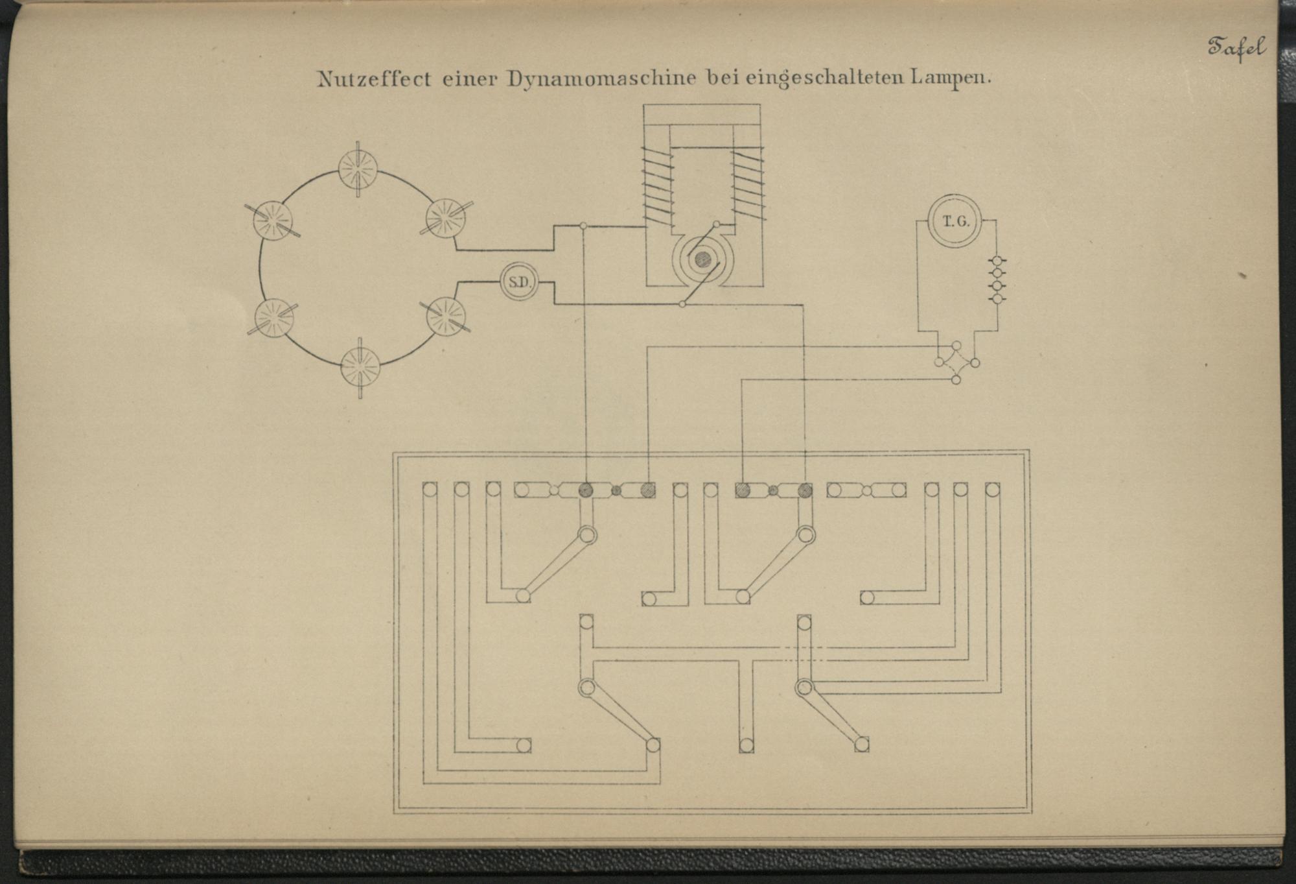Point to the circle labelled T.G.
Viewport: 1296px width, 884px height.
click(956, 222)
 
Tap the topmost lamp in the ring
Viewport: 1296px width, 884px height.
click(358, 168)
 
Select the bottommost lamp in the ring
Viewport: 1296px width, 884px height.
click(360, 366)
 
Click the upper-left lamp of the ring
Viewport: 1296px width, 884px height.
click(272, 219)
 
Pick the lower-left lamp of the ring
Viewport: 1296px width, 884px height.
click(274, 318)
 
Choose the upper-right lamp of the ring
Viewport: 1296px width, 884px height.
click(446, 217)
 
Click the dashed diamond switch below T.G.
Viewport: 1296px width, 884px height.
click(956, 363)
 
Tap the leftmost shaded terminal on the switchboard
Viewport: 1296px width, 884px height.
click(586, 490)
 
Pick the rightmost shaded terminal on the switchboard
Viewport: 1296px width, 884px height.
click(805, 490)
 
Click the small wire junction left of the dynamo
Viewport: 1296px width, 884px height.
click(583, 226)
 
